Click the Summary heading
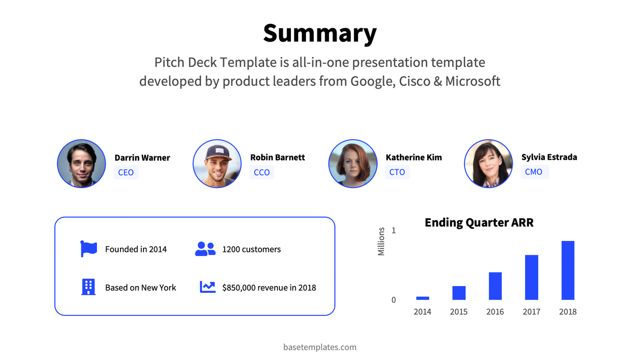pos(320,34)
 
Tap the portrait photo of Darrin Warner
pos(82,164)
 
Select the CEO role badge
pos(126,172)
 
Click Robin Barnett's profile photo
pos(217,164)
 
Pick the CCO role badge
pos(262,172)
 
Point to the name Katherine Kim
pos(414,157)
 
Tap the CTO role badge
pos(397,172)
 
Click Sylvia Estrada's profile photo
pos(489,164)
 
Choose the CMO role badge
pos(534,172)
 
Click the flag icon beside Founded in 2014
pos(88,249)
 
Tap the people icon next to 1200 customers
pos(205,249)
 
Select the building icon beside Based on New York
pos(88,287)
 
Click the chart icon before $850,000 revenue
pos(207,287)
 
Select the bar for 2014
pos(423,298)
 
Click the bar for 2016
pos(495,286)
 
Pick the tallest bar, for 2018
pos(568,270)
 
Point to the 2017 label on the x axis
pos(531,312)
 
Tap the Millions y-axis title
pos(381,241)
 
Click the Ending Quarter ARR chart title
pos(479,223)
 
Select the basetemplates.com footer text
pos(320,347)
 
